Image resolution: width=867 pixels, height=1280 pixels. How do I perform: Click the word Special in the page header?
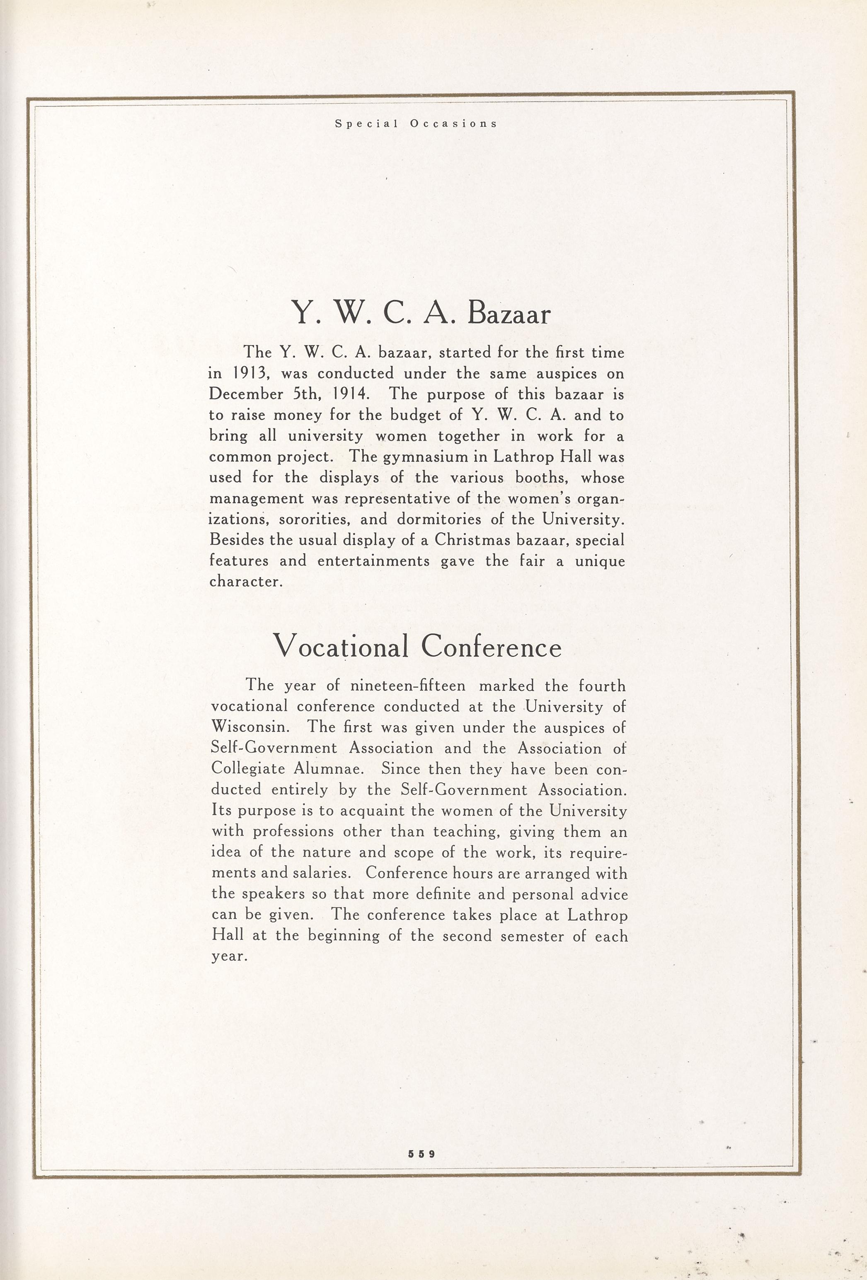pyautogui.click(x=366, y=124)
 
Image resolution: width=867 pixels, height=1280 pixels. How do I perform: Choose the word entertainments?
pyautogui.click(x=373, y=561)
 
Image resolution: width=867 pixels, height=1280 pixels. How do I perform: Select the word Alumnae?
pyautogui.click(x=329, y=769)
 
